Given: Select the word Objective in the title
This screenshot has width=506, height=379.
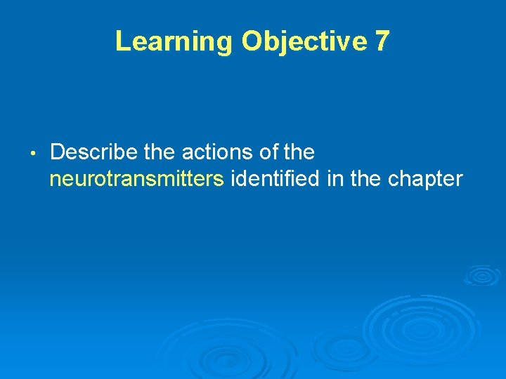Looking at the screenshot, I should point(304,41).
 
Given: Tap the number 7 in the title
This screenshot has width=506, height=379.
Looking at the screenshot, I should point(382,41).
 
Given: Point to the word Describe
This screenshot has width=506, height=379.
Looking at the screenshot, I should point(93,152).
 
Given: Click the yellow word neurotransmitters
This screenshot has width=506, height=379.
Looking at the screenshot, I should point(137,179).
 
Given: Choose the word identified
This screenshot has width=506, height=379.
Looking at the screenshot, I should point(275,179).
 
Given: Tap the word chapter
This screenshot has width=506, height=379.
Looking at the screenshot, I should point(425,179).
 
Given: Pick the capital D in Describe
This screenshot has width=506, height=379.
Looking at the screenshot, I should point(58,152).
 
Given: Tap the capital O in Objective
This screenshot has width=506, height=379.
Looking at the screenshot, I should point(251,41).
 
